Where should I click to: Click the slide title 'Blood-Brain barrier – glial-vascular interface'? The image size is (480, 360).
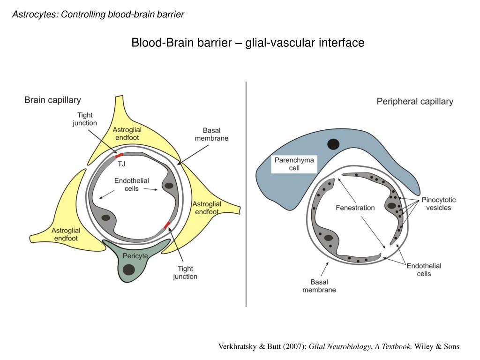247,43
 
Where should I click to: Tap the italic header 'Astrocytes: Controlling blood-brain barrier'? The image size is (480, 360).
98,15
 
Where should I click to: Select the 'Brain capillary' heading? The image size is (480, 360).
52,100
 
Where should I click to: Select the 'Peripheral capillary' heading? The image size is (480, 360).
415,101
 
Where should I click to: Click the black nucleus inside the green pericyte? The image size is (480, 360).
128,270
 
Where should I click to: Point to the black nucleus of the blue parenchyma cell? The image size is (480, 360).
333,144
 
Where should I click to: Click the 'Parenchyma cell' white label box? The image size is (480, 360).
294,164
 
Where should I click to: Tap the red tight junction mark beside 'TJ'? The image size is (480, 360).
120,155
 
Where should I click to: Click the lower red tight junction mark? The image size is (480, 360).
167,225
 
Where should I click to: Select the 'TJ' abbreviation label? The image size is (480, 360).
121,164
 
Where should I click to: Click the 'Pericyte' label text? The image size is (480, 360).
135,256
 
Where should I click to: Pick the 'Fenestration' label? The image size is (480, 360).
355,208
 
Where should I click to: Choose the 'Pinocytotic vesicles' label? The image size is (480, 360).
438,203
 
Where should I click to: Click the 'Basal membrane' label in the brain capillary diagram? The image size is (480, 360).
211,134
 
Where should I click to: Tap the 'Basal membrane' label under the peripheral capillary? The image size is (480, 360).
319,286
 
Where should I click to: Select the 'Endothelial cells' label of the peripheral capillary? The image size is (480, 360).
424,270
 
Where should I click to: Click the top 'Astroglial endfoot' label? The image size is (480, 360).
127,134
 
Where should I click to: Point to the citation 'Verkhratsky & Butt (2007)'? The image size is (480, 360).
262,346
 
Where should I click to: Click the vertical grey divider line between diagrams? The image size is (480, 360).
246,197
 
